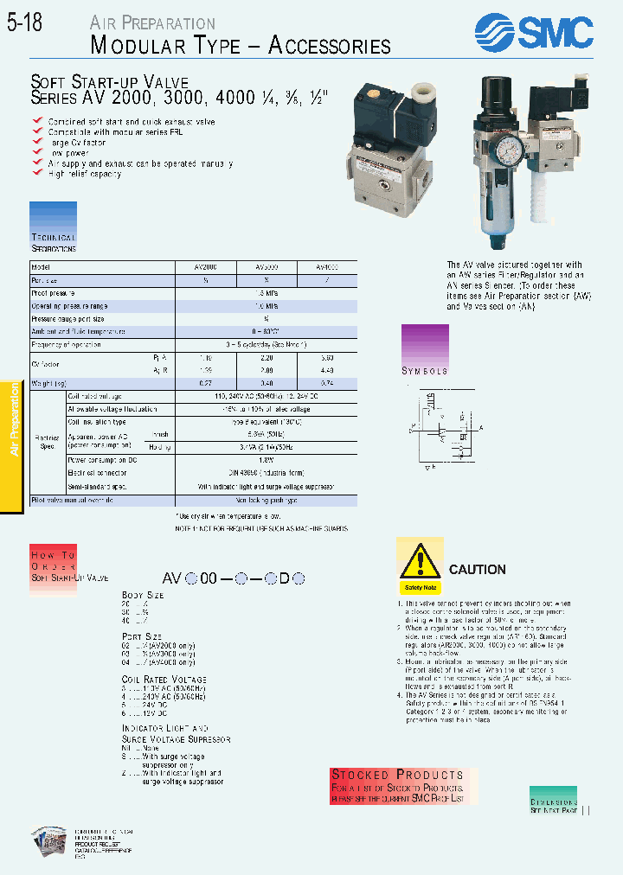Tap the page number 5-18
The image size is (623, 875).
click(x=24, y=25)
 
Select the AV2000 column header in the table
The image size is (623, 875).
click(x=206, y=268)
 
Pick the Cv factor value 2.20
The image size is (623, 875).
click(x=266, y=357)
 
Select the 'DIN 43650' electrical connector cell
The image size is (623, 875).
click(x=266, y=472)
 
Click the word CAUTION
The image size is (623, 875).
click(x=477, y=570)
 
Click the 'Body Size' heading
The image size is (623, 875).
click(x=143, y=596)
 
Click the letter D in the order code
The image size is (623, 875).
click(x=284, y=580)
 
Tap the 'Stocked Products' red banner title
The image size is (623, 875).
click(x=397, y=775)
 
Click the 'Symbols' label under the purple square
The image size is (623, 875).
click(x=424, y=371)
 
